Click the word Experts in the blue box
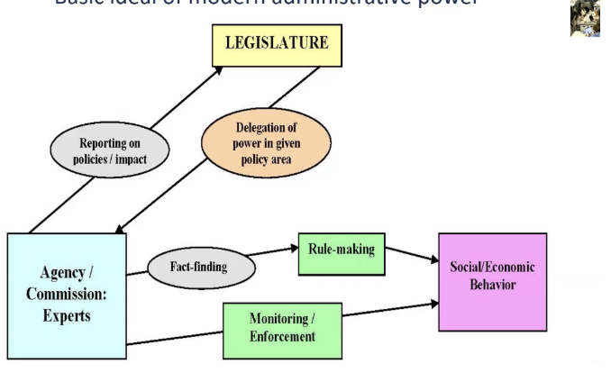pos(67,318)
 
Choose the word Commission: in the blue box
pos(66,299)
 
